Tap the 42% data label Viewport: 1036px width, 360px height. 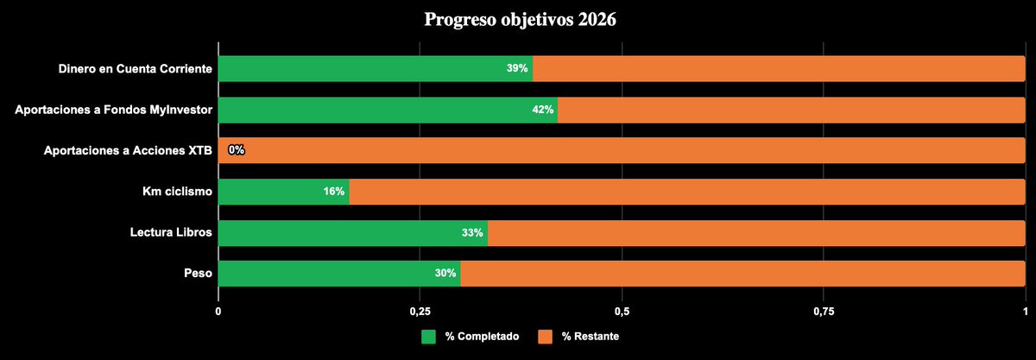[x=543, y=110]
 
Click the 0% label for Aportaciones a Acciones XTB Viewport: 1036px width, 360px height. [x=237, y=150]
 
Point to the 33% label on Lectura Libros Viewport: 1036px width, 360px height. [x=471, y=233]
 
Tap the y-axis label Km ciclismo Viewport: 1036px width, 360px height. [x=178, y=192]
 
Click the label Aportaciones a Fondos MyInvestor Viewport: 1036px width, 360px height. [x=114, y=110]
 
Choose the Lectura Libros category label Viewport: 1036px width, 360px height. [x=171, y=233]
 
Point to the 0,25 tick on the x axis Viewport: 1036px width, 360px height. [x=420, y=311]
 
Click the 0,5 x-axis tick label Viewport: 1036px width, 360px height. [x=622, y=311]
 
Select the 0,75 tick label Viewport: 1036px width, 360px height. [x=823, y=311]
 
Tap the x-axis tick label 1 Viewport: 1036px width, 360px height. [x=1025, y=311]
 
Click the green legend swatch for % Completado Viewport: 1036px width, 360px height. [x=429, y=336]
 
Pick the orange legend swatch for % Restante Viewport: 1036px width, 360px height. [x=545, y=336]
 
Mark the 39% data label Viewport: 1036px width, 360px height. [x=517, y=68]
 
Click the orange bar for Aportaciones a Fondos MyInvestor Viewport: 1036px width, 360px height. [x=790, y=110]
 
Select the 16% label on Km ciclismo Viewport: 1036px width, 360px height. [x=334, y=192]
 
